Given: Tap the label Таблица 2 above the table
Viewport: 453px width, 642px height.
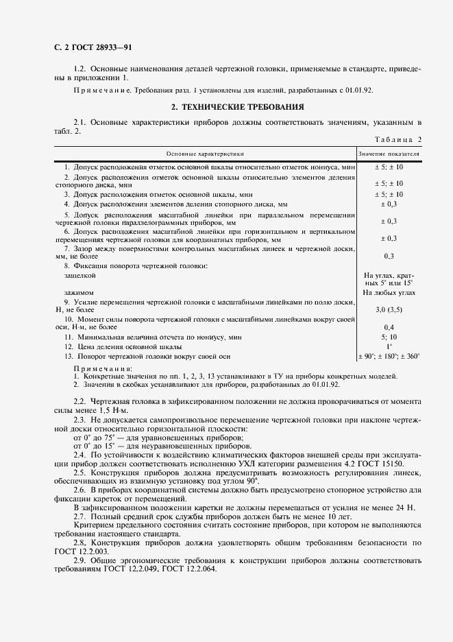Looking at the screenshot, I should pos(398,140).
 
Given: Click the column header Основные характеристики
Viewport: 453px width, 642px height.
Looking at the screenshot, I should pos(204,155).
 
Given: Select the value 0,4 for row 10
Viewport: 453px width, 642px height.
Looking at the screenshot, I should pos(389,327).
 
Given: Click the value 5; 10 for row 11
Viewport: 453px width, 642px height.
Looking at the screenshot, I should pos(389,337).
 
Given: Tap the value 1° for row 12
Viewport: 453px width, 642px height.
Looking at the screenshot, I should pos(389,346).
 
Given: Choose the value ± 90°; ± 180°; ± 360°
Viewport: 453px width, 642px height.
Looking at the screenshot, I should pos(389,356).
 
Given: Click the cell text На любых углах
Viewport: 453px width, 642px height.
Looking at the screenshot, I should pos(389,293).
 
